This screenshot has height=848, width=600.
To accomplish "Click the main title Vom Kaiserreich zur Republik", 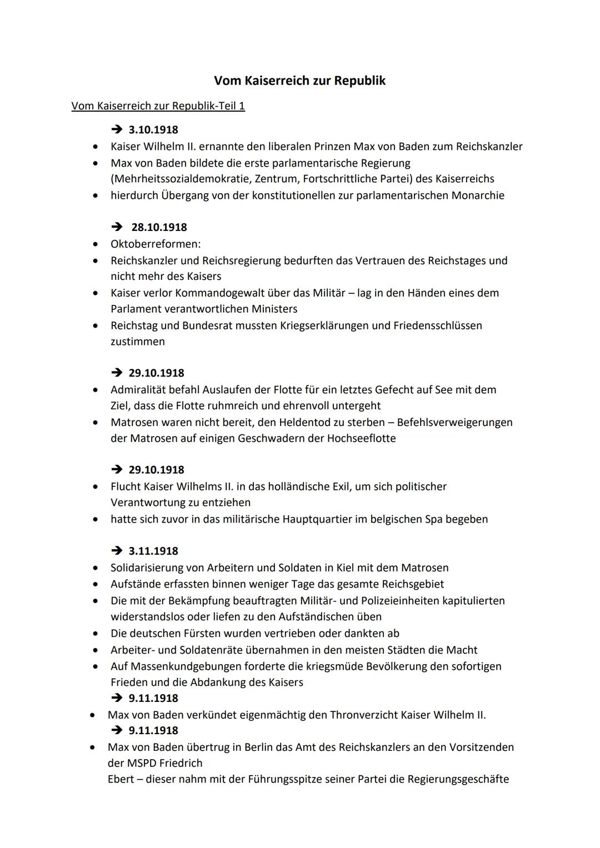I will tap(299, 81).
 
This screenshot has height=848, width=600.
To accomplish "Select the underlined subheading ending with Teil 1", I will tap(158, 106).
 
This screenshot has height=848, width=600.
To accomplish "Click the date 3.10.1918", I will tap(153, 130).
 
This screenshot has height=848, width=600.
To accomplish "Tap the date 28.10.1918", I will tap(159, 227).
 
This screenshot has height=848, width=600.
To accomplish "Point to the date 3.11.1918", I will tap(153, 551).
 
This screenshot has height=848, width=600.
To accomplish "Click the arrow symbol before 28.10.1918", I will tap(117, 227).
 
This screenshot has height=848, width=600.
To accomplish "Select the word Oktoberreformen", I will tap(155, 244).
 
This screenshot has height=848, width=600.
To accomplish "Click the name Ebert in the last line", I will tap(121, 779).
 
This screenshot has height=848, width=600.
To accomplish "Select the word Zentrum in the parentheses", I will tap(275, 179).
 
